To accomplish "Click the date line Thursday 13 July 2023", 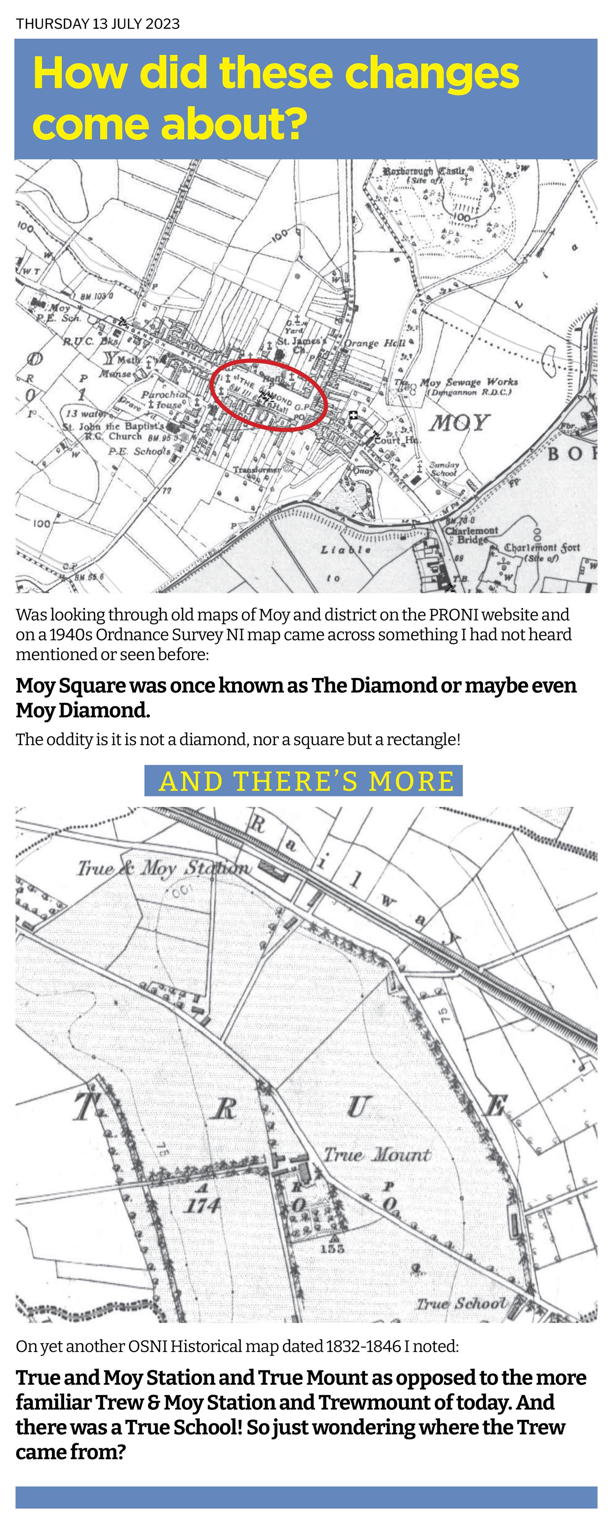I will point(98,24).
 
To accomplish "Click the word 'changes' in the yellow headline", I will point(432,74).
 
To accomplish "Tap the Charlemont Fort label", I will point(542,548).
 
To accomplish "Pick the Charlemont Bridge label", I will point(472,534).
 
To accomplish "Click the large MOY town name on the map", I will point(459,423).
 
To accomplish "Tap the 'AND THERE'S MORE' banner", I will point(303,781).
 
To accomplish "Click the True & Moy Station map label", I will point(163,869).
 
